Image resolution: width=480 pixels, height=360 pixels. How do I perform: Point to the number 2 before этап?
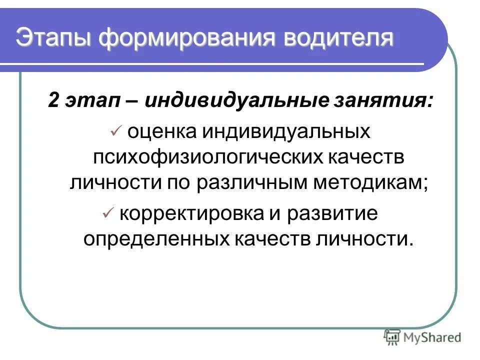click(53, 100)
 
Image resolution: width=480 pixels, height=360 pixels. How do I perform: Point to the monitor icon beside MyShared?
click(392, 336)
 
